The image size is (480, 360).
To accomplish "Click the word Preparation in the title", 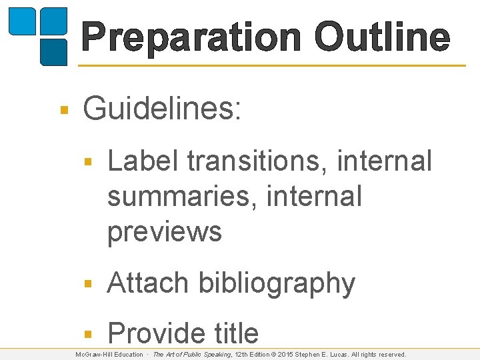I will coord(193,37).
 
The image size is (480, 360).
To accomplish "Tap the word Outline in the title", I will coord(382,37).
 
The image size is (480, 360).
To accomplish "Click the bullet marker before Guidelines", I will coord(63,109).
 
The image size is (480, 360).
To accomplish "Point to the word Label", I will coord(144,161).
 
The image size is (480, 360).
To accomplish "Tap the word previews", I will coord(164,231).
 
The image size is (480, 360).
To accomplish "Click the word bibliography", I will coord(277,283).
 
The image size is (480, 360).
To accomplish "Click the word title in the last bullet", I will coord(231,333).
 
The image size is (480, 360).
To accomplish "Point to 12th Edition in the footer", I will coord(255,355).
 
